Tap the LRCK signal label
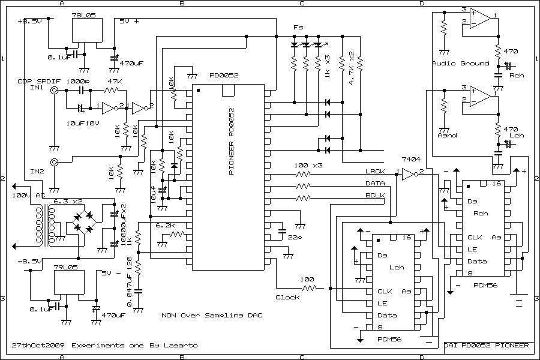(375, 172)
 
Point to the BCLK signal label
(375, 196)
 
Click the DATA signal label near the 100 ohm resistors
(375, 184)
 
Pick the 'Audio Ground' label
(460, 64)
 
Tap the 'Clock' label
(287, 297)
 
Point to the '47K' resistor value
(115, 80)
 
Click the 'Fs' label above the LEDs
(298, 28)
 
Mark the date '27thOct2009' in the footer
(38, 346)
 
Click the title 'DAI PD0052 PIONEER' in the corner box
(487, 346)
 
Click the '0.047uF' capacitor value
(129, 281)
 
